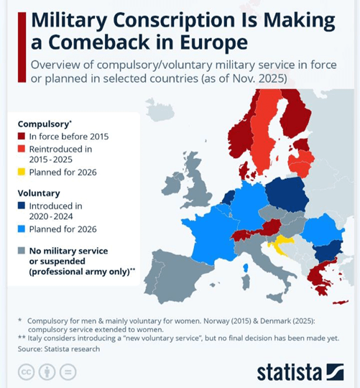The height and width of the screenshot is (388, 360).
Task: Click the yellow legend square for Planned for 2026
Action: click(22, 172)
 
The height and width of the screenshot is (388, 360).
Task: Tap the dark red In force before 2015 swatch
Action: click(22, 136)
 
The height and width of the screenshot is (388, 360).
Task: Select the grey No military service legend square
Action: click(22, 251)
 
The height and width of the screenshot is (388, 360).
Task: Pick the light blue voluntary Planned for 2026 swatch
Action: click(22, 229)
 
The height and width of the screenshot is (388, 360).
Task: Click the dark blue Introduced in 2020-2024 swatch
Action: click(22, 205)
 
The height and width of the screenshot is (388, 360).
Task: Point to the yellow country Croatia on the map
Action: click(281, 243)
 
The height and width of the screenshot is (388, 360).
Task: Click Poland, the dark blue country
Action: click(287, 195)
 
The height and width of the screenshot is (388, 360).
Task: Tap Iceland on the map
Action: click(160, 110)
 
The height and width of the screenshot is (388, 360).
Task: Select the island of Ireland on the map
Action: click(172, 184)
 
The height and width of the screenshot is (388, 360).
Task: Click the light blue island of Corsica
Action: click(246, 268)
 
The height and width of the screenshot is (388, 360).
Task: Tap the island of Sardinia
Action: click(246, 282)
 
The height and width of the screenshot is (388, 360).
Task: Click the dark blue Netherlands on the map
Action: click(229, 198)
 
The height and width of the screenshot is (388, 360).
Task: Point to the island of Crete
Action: click(341, 302)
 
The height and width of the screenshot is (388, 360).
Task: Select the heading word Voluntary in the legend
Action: click(39, 193)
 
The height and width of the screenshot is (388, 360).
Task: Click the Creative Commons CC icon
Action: click(26, 371)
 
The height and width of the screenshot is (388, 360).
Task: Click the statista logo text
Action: click(290, 372)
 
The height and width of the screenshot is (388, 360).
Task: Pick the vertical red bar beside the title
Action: click(22, 47)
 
